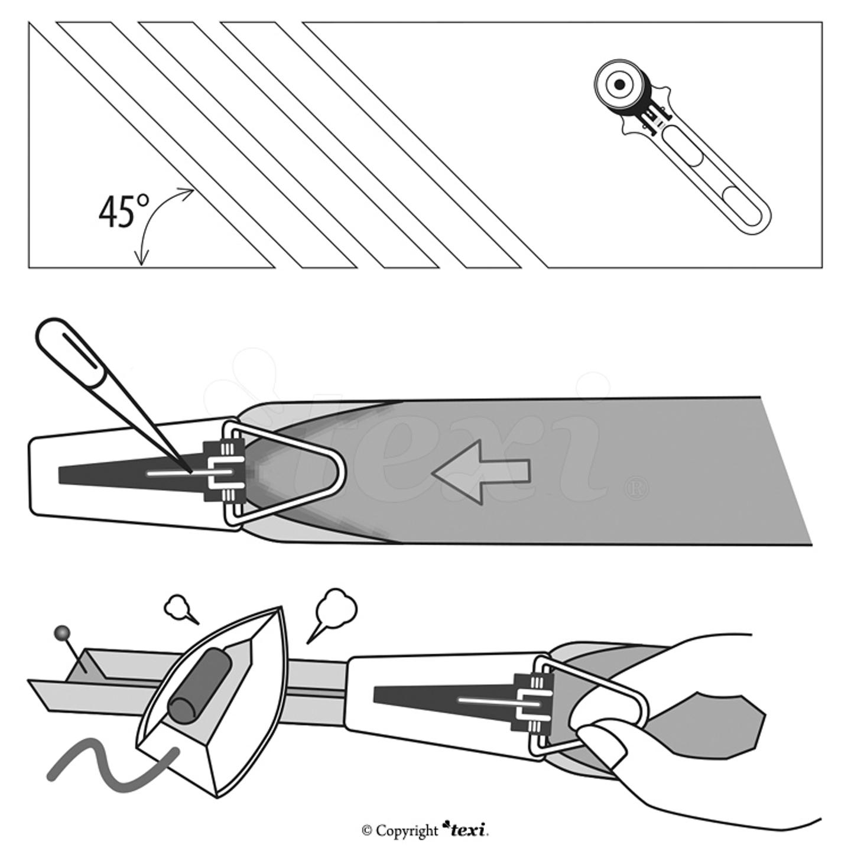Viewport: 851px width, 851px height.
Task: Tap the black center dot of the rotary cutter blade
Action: (x=619, y=85)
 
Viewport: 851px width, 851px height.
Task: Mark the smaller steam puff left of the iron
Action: (x=177, y=606)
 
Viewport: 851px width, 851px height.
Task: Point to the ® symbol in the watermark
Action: (x=635, y=489)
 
